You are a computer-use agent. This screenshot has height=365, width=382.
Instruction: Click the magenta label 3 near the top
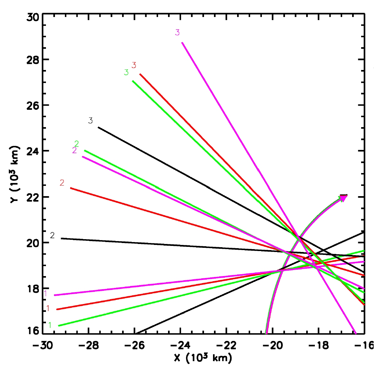(x=177, y=32)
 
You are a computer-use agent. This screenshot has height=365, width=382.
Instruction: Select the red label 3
(x=134, y=65)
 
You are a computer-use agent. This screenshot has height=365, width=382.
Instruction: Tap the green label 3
(x=126, y=73)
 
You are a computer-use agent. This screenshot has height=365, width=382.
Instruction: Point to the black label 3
(x=91, y=121)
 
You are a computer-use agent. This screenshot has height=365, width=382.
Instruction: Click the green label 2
(x=77, y=144)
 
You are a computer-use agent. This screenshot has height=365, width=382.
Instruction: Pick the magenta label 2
(x=75, y=150)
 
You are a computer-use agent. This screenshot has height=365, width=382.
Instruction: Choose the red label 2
(x=62, y=183)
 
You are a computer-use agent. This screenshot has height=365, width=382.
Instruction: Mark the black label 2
(x=53, y=236)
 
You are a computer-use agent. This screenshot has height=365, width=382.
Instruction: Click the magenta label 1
(x=46, y=294)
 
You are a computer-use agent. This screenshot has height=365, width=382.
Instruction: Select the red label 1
(x=48, y=309)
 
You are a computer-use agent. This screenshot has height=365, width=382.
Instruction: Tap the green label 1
(x=50, y=325)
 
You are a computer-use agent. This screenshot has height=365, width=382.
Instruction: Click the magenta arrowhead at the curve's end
(x=343, y=198)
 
